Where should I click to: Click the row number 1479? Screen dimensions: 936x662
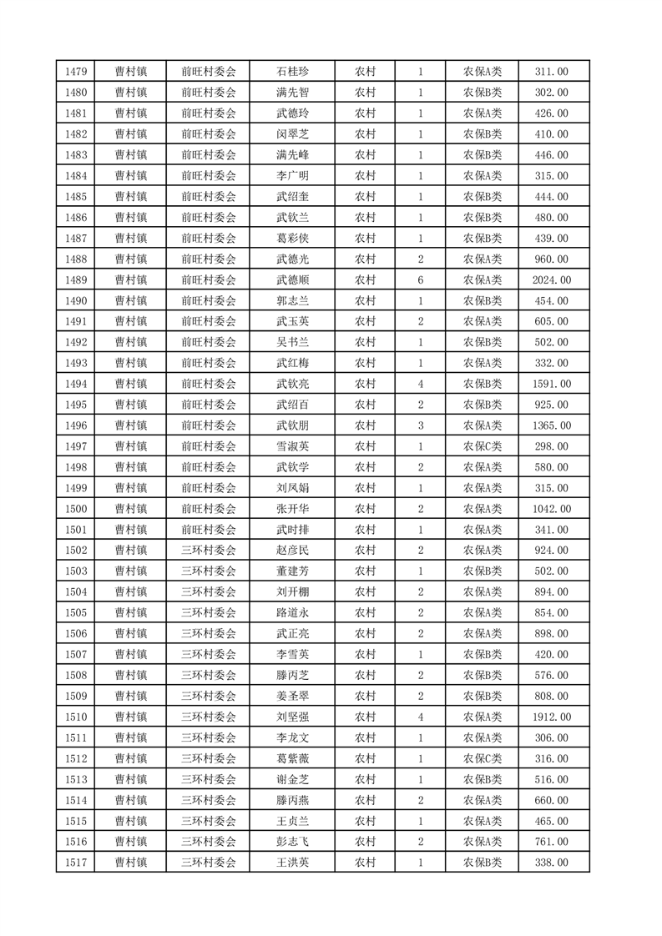75,72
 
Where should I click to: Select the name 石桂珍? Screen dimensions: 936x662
292,72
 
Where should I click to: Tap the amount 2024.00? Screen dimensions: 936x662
551,280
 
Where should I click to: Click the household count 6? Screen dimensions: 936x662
420,280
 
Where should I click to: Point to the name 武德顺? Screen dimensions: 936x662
292,280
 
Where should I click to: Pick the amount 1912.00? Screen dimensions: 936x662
551,717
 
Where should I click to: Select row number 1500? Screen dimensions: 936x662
75,509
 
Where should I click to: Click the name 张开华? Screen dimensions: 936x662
292,509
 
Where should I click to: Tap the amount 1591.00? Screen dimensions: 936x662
551,384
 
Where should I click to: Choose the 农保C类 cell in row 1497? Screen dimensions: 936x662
483,446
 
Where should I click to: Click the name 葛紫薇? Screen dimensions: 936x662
292,758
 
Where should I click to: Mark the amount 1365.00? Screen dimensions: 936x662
551,425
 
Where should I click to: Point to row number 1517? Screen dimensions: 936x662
75,862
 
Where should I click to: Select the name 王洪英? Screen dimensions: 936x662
292,862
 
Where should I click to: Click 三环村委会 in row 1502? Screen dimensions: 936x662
209,551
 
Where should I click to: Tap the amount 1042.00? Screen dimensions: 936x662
551,509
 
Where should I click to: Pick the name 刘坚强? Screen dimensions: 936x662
292,717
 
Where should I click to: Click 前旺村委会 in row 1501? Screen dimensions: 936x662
209,530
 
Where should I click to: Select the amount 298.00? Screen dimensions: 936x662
551,446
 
